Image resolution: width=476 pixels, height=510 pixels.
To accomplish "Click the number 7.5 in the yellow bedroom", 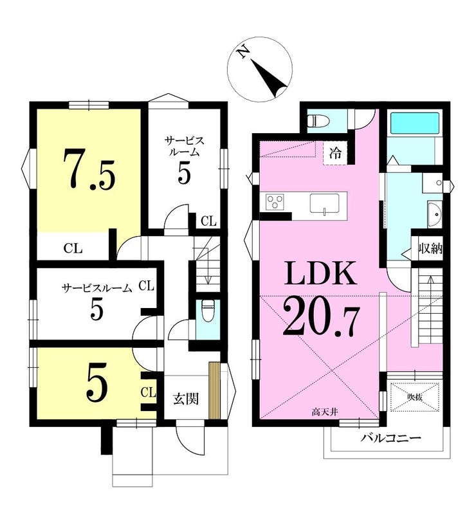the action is (89, 169).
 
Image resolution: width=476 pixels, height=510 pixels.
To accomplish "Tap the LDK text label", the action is (320, 273).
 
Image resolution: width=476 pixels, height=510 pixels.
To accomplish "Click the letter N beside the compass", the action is (243, 52).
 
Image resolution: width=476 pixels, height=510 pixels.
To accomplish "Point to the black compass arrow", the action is (270, 78).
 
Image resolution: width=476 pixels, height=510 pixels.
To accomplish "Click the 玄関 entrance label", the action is (186, 399).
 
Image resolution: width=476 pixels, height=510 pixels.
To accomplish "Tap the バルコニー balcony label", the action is (390, 438).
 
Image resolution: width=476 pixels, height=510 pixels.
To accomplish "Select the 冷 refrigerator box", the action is (335, 152).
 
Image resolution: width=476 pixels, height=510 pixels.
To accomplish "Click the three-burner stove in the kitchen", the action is (275, 202).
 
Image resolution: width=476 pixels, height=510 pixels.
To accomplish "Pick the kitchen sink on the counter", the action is (324, 203).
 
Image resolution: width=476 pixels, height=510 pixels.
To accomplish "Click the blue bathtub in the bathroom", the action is (414, 123).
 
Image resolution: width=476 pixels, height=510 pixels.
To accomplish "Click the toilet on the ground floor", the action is (207, 310).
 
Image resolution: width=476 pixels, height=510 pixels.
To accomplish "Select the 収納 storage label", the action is (430, 249).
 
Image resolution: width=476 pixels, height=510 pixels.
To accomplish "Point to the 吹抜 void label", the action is (414, 397).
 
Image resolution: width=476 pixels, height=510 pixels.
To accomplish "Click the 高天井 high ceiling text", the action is (325, 412).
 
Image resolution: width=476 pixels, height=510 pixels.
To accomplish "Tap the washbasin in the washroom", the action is (434, 214).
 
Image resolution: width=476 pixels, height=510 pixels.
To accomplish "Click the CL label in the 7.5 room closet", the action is (73, 249).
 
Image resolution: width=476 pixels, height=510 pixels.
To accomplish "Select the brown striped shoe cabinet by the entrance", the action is (214, 390).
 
